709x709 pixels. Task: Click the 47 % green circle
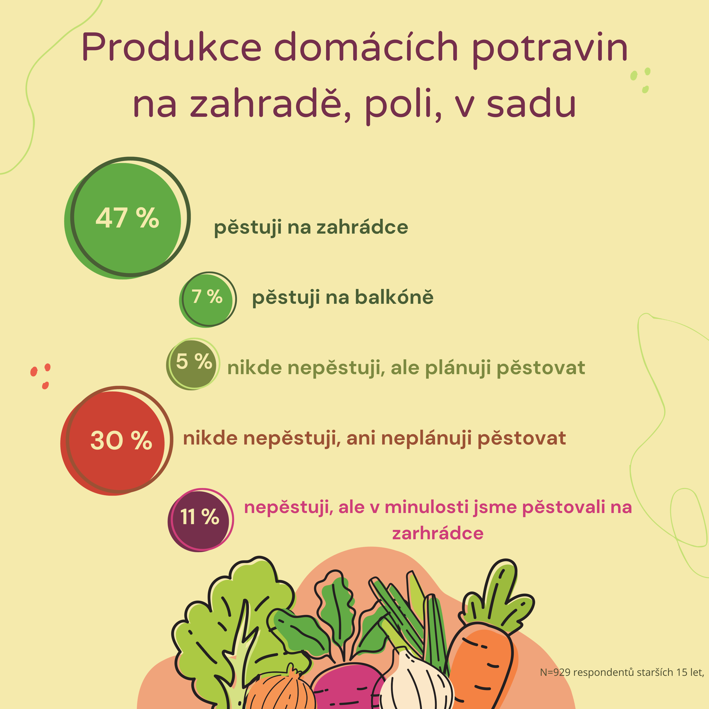point(127,218)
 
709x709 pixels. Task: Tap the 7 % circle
point(208,299)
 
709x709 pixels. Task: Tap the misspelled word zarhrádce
point(438,533)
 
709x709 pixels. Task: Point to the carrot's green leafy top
point(497,597)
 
